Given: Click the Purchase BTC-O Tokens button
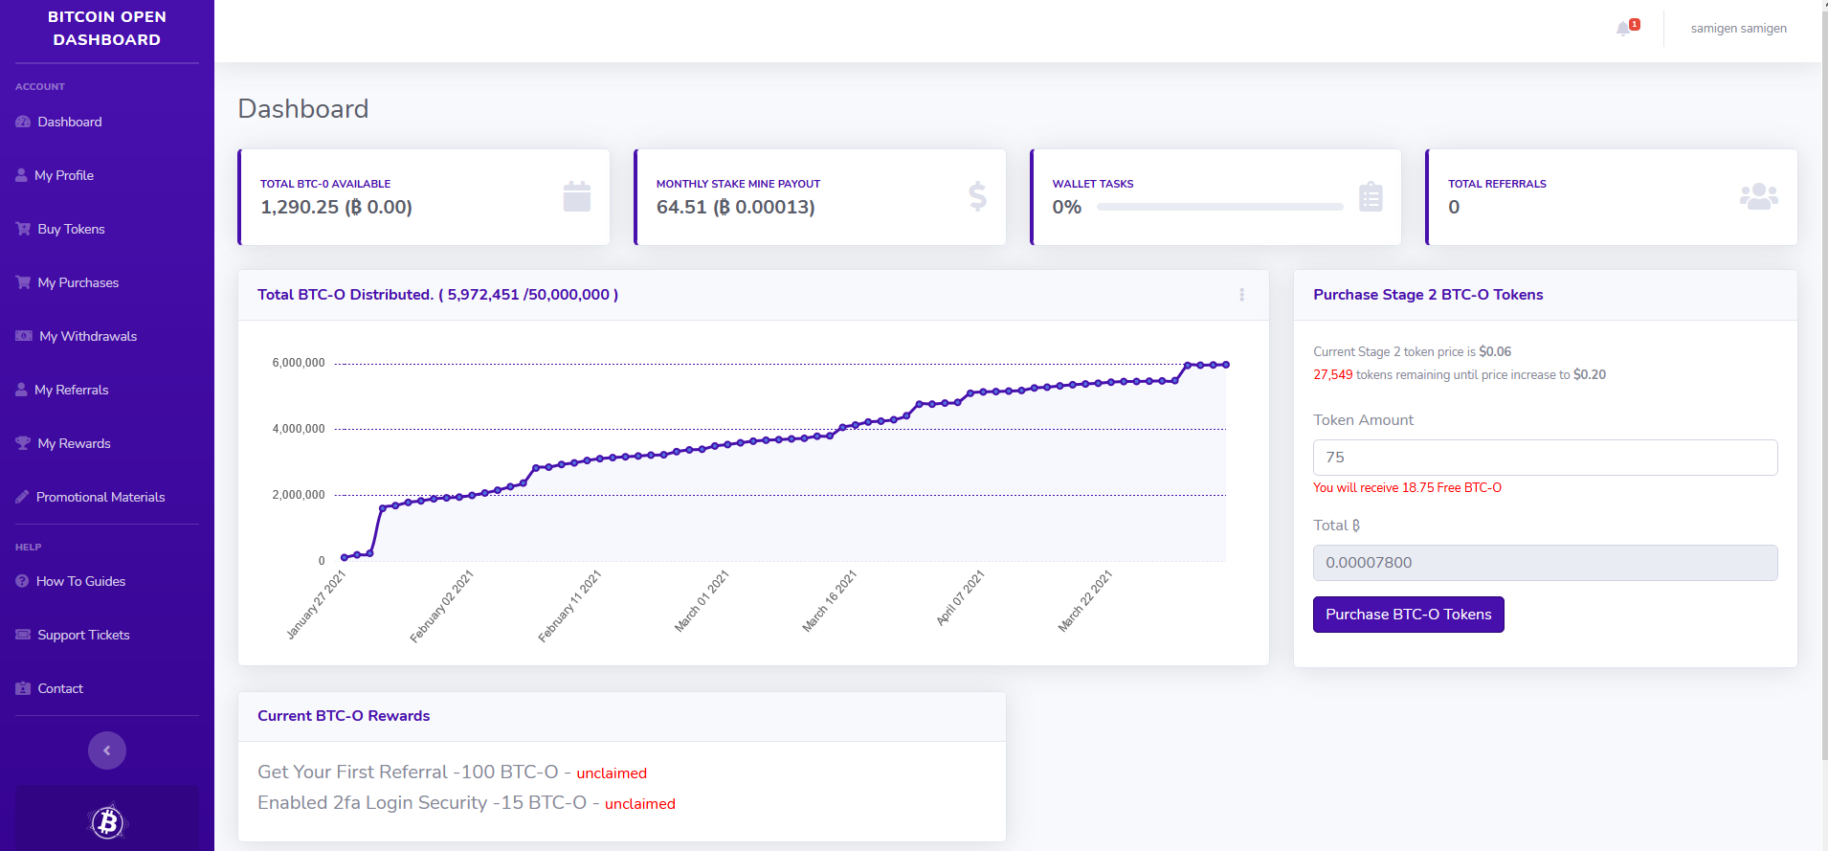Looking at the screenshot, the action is point(1408,615).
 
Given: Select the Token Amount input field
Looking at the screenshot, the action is point(1545,458).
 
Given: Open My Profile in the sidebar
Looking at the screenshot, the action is point(63,175).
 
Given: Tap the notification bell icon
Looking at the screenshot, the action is point(1624,29).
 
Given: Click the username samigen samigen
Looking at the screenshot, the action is point(1738,29).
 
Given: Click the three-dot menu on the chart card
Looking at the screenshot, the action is point(1241,295).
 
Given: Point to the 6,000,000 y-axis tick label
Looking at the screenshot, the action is point(299,363).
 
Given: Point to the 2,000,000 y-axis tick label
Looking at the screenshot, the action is point(299,495).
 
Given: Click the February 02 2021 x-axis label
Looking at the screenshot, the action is point(442,606).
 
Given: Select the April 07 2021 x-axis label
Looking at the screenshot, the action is point(960,597).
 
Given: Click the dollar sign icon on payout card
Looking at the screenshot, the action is point(977,196).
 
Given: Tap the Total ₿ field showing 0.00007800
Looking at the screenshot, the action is point(1545,563).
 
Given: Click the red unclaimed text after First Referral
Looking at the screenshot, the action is point(612,773).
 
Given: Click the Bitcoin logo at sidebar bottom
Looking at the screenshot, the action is point(107,821).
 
